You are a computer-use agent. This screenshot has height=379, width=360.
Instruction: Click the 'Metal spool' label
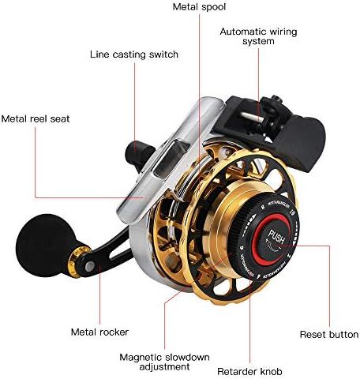(199, 7)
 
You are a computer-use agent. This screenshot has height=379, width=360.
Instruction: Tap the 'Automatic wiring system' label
(258, 36)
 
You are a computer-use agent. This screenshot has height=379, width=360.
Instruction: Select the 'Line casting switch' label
(134, 54)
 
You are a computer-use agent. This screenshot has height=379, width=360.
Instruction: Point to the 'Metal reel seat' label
(36, 118)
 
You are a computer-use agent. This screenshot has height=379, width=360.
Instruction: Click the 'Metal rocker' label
(99, 332)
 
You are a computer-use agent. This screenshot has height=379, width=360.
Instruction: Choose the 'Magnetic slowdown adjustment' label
(164, 362)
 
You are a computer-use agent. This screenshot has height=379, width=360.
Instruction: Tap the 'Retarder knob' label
(249, 371)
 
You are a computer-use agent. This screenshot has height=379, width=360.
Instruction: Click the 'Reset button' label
(329, 335)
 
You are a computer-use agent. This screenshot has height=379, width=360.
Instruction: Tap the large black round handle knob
(44, 245)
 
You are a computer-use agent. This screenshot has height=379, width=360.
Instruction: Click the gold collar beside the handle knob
(76, 261)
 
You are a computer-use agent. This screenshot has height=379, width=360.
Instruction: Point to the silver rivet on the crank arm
(90, 267)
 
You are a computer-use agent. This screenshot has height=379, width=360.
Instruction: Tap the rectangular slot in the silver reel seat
(171, 158)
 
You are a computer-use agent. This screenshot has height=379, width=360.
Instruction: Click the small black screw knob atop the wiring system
(276, 99)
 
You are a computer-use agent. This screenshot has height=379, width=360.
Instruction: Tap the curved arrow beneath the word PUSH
(272, 246)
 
